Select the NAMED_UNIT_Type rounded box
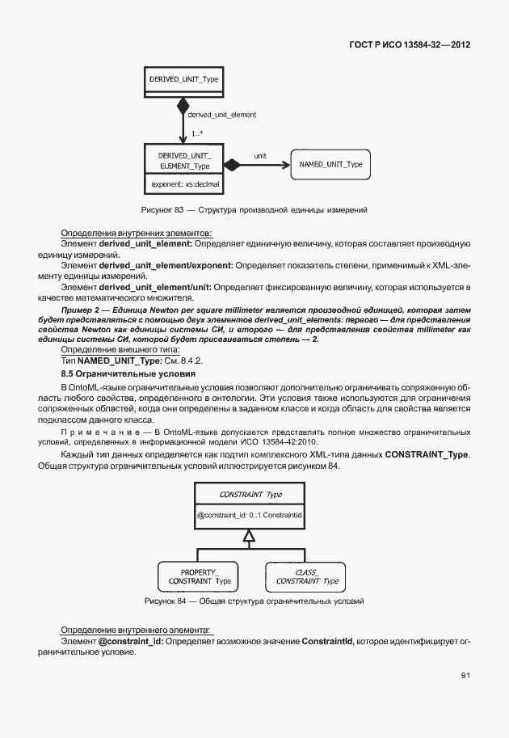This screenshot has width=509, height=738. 330,165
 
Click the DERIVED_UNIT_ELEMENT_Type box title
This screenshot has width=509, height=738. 183,160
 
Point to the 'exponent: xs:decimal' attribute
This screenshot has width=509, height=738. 185,184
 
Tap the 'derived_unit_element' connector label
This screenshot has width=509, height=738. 221,115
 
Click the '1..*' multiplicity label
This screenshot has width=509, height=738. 196,133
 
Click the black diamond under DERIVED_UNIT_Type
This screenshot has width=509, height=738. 183,104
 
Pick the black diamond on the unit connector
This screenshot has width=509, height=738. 233,165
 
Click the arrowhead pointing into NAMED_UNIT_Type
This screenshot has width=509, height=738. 284,165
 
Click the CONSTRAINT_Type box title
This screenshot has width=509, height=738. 250,494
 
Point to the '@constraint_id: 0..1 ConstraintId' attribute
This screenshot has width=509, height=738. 250,514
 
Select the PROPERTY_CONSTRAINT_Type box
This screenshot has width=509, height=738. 200,576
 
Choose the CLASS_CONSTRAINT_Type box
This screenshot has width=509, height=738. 307,576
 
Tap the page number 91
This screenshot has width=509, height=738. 465,675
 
